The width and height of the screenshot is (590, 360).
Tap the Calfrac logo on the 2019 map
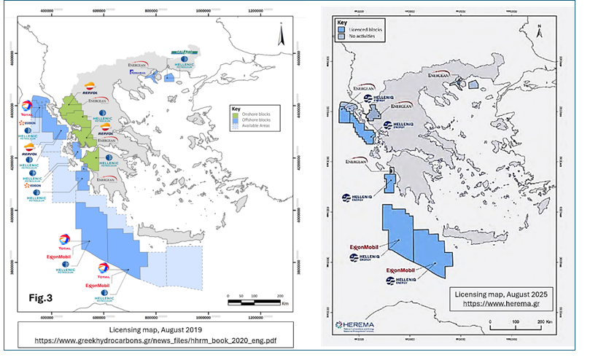185,52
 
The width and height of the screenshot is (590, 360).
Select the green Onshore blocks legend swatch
235,114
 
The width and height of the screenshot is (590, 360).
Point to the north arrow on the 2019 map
281,33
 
